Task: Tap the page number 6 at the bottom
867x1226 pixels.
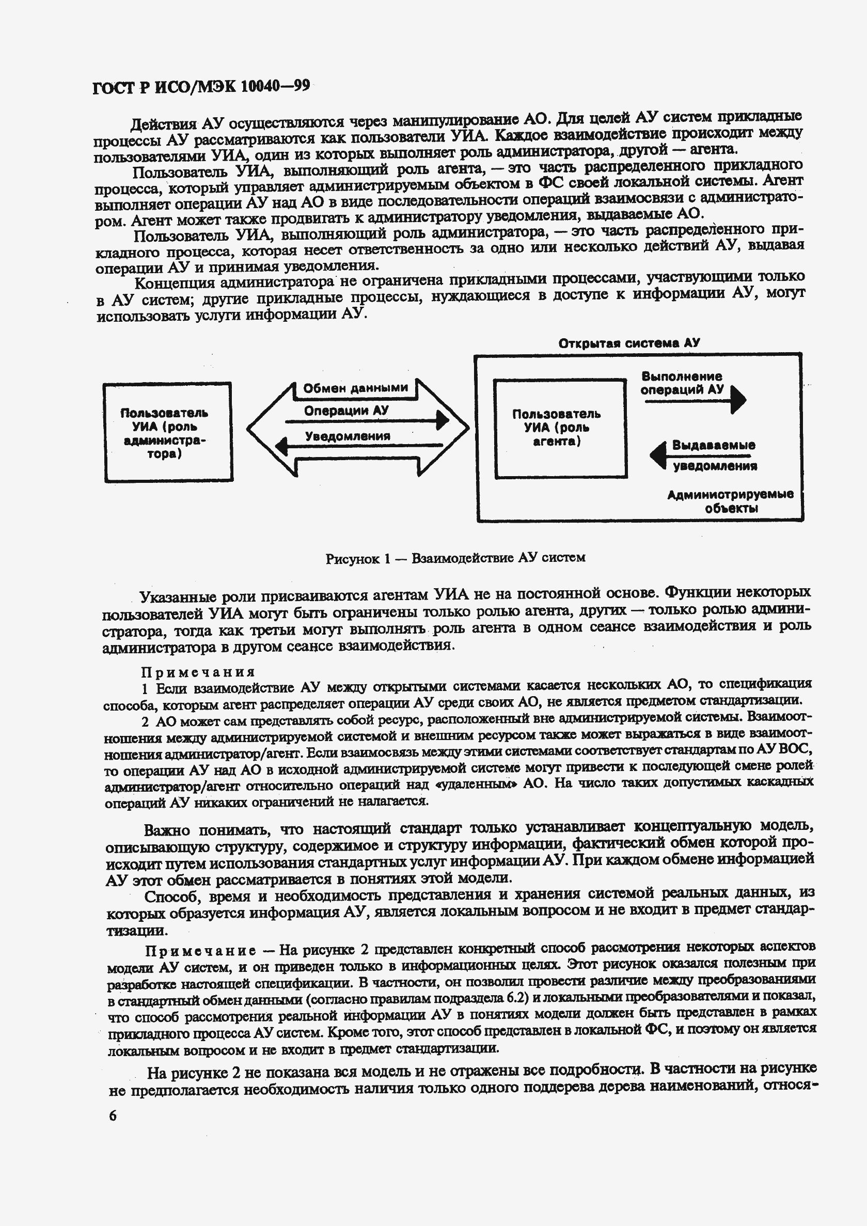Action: tap(112, 1116)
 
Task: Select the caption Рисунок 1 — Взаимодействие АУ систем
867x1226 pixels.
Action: tap(455, 558)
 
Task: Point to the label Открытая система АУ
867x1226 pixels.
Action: tap(628, 343)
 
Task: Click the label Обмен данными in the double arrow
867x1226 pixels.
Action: tap(355, 388)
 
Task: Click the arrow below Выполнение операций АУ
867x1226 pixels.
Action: tap(694, 400)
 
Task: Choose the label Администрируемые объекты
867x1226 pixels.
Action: tap(730, 501)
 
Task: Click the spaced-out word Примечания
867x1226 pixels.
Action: tap(198, 672)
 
